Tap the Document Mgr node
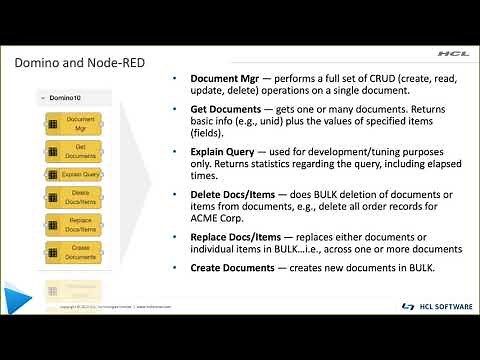[79, 123]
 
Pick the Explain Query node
[79, 174]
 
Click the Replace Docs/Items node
[79, 225]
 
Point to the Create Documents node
[79, 251]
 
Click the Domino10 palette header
[64, 98]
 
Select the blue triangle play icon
[15, 298]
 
